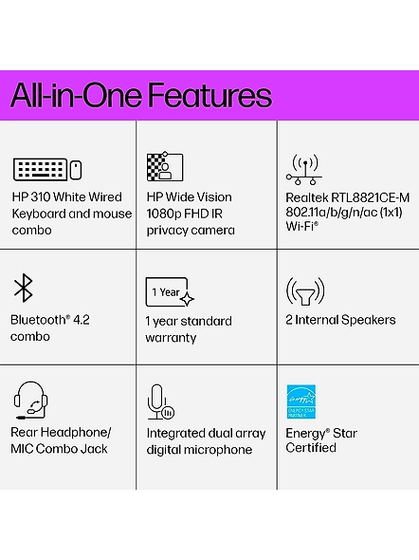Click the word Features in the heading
point(209,95)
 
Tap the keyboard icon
point(40,169)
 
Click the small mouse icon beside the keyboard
point(76,170)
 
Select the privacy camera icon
point(165,166)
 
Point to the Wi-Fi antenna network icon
point(304,170)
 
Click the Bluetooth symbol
point(24,288)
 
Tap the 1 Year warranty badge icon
point(170,292)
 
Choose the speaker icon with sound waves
point(305,291)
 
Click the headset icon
point(30,401)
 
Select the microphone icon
point(160,402)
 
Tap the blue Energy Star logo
point(301,401)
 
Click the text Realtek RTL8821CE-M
point(348,197)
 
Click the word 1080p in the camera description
point(163,214)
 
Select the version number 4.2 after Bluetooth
point(82,320)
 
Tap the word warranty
point(171,338)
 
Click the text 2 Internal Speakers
point(340,320)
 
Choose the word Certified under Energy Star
point(311,448)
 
